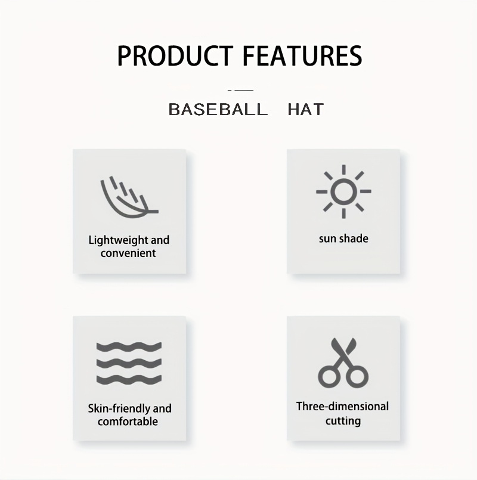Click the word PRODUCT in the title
175,55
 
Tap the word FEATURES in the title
302,55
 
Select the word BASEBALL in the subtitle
218,109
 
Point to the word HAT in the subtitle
305,109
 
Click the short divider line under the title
241,90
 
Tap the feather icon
129,197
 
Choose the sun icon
343,191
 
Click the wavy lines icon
129,363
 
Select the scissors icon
343,363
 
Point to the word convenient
128,253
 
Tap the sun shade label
343,239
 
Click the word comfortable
128,422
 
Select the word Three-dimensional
342,407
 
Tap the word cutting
343,421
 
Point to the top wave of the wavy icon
129,347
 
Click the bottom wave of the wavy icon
129,380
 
